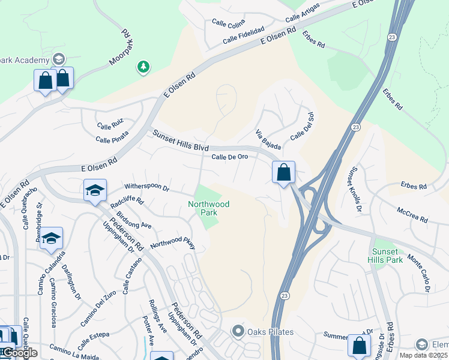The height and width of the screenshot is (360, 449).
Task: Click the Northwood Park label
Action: click(x=208, y=208)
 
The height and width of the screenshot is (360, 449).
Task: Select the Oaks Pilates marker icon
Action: click(x=238, y=331)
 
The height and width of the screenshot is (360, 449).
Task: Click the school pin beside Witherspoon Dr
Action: click(x=95, y=191)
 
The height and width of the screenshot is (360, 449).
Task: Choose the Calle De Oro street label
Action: click(x=229, y=157)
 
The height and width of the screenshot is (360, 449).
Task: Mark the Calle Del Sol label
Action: click(x=302, y=127)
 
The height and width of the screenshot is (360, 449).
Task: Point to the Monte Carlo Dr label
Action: click(x=419, y=272)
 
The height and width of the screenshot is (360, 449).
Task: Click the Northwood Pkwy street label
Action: click(x=173, y=242)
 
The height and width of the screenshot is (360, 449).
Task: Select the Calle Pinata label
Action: click(x=111, y=139)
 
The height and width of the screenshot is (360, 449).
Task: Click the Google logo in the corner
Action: click(x=19, y=353)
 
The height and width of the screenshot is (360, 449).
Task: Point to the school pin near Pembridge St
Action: click(x=52, y=238)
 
